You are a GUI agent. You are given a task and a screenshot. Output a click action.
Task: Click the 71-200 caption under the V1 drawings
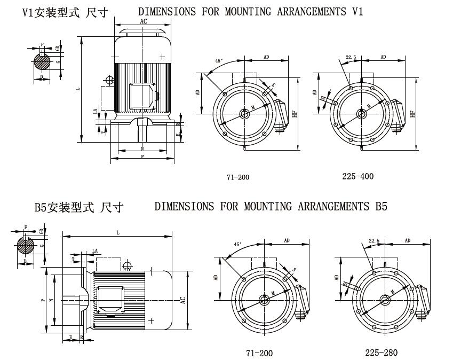coord(238,177)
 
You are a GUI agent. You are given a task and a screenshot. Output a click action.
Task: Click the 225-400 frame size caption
coord(357,176)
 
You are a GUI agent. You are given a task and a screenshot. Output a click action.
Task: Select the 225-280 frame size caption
coord(381,353)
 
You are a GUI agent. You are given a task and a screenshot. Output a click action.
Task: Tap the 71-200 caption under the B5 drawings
coord(259,353)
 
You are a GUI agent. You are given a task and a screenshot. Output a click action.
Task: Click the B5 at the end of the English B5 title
coord(380,207)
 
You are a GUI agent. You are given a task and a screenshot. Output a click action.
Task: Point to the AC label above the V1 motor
coord(144,21)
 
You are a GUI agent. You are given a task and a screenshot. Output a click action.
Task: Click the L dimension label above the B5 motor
coord(118,233)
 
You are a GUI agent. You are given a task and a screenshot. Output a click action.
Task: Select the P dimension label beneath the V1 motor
coord(142,157)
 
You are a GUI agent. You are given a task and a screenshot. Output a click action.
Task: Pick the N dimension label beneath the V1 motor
coord(142,148)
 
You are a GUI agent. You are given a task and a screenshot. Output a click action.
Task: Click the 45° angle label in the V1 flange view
coord(219,61)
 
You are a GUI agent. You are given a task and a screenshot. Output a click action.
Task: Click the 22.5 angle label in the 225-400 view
coord(351,57)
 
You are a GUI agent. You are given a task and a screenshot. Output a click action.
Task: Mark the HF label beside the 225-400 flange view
coord(411,114)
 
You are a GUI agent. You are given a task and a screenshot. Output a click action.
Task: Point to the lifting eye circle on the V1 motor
coord(109,80)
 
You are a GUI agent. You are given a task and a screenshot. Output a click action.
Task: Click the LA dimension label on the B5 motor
coord(95,251)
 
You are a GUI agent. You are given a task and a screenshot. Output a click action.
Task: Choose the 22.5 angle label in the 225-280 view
coord(373,241)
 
